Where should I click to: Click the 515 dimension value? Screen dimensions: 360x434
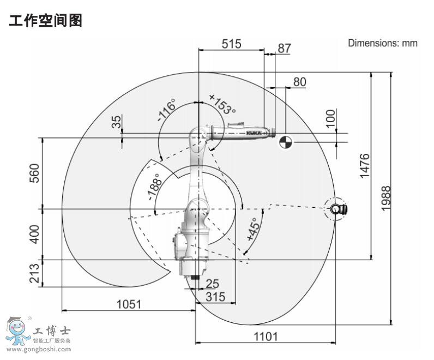(231, 44)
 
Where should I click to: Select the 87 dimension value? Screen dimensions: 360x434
(284, 48)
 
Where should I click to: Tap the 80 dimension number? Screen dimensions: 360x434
(299, 82)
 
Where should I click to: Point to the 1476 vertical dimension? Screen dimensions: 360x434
(364, 165)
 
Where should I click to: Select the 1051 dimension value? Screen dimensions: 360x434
(129, 304)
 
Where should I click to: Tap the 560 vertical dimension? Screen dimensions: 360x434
(34, 173)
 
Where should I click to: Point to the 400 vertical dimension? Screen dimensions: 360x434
(34, 235)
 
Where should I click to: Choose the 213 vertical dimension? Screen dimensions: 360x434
(34, 273)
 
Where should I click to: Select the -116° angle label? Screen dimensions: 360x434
(166, 110)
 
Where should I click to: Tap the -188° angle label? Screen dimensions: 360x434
(153, 187)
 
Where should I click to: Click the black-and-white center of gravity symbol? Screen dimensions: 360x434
(286, 142)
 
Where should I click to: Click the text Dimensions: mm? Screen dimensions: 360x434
(383, 43)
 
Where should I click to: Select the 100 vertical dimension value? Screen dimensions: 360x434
(330, 118)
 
